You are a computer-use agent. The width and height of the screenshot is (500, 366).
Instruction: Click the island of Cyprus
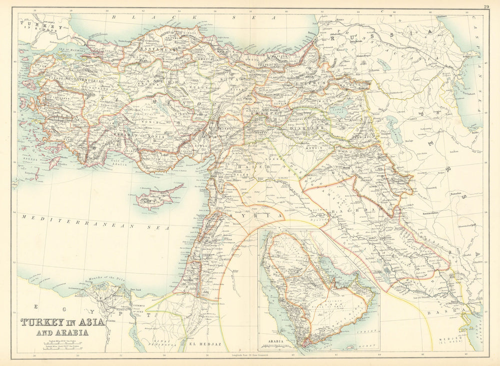tap(159, 196)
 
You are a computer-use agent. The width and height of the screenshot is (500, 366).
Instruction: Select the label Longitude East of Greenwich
tap(242, 354)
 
